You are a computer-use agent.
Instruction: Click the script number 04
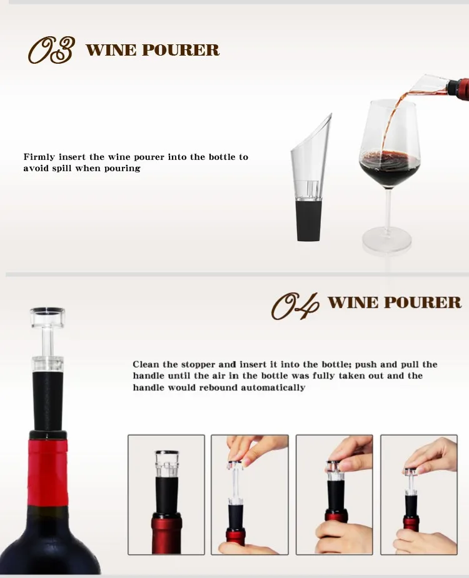[295, 305]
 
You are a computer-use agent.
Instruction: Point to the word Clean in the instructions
[146, 364]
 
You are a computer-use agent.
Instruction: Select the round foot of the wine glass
[387, 241]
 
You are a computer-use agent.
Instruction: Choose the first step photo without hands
[166, 494]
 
